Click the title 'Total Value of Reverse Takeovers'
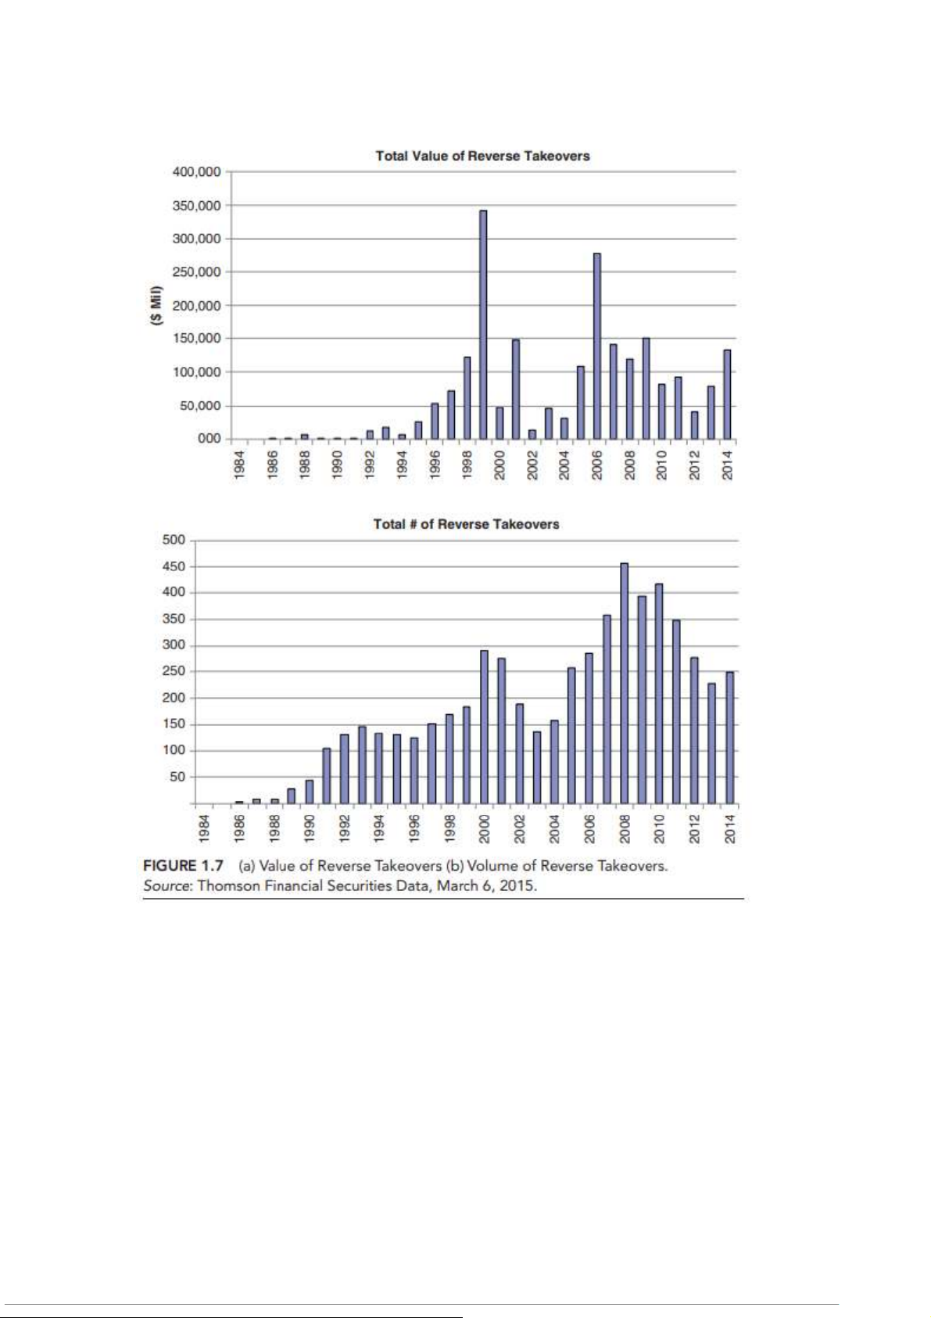pos(482,156)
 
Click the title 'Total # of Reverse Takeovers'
pos(466,524)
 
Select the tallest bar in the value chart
pos(483,324)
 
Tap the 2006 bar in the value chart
pos(597,346)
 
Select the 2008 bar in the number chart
pos(624,683)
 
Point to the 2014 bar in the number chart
pos(729,737)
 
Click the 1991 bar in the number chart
pos(327,775)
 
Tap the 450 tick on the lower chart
pos(174,566)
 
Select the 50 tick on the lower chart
pos(177,777)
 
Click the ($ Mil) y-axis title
pos(156,305)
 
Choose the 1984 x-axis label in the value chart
pos(241,463)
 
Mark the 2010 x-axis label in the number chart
pos(659,828)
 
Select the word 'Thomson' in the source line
pos(224,886)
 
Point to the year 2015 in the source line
pos(519,886)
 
